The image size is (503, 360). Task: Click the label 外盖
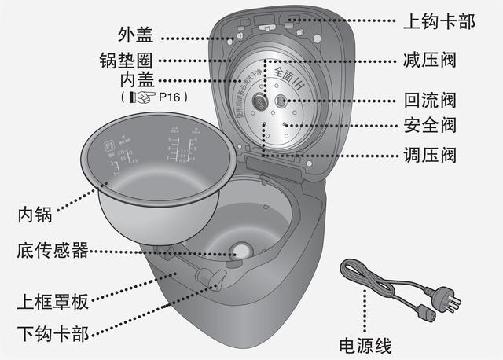coord(134,35)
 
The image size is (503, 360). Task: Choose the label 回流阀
coord(429,101)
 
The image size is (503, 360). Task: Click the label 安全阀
coord(429,125)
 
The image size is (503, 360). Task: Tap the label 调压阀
coord(429,155)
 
